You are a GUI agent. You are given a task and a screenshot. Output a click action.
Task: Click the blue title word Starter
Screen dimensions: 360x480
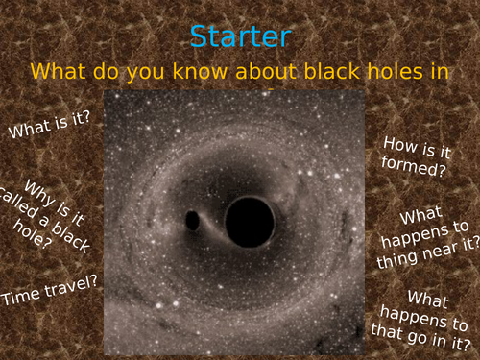coord(240,36)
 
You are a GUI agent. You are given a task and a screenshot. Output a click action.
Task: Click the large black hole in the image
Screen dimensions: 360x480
coord(250,222)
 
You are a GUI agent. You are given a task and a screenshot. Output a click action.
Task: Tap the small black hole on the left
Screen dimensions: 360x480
coord(193,220)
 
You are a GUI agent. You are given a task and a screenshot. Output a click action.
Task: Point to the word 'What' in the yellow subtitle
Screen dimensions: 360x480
coord(58,72)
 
